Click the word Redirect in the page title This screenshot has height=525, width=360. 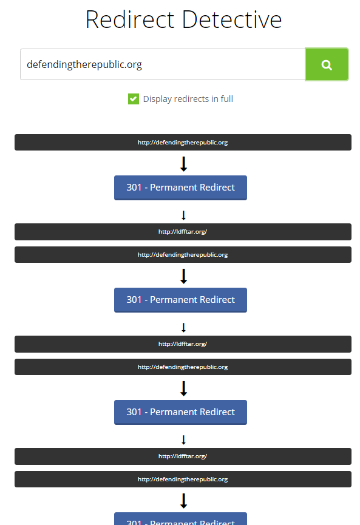130,19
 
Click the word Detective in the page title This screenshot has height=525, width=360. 232,19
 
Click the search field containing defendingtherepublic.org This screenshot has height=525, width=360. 163,64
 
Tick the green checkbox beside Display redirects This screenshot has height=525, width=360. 134,99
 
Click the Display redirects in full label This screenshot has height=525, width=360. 188,99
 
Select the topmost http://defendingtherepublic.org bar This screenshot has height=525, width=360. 183,142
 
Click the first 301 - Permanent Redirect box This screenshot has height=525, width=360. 180,188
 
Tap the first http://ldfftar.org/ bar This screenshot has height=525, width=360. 183,232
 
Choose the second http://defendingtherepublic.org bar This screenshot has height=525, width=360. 183,254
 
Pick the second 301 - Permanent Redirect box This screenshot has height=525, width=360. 180,300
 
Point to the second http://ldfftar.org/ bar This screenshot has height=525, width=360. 183,344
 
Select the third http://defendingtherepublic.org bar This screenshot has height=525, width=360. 183,367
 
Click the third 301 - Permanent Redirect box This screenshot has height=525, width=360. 180,412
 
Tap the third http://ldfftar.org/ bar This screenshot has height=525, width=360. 183,456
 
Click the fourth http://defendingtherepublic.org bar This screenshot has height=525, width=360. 183,479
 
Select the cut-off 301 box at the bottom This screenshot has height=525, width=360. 180,519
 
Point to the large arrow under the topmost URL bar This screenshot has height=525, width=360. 183,164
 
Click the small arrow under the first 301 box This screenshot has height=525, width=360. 183,215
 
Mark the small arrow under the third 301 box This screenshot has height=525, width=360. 183,439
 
